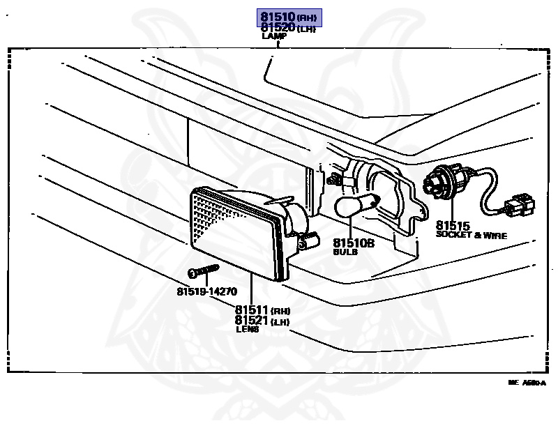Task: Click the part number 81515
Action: click(x=453, y=226)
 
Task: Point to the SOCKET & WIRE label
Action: click(x=471, y=236)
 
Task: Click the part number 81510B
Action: click(x=353, y=243)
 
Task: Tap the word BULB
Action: click(x=345, y=252)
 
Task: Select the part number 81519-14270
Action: click(x=206, y=291)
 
